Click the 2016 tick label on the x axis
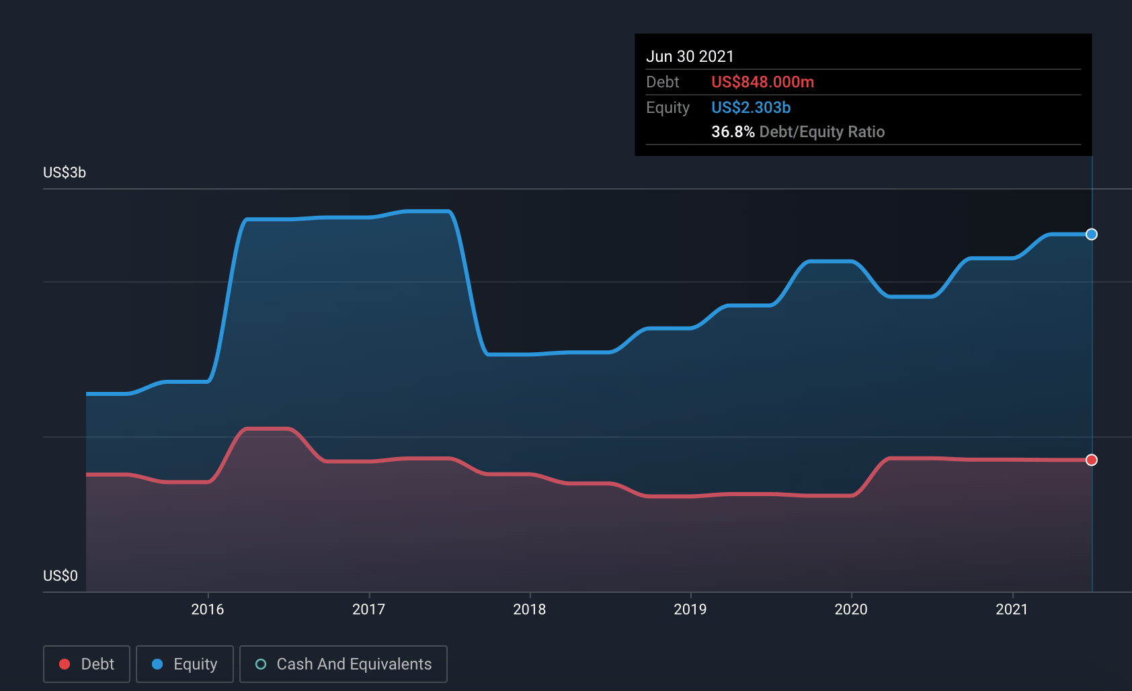(207, 609)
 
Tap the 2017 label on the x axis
(368, 609)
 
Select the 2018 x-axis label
(529, 609)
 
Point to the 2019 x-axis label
(690, 609)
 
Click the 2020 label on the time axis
(850, 609)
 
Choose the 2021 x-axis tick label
(1011, 609)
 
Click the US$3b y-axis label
(65, 173)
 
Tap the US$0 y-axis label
(60, 576)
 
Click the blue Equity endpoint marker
(1092, 235)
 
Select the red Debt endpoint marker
(1092, 460)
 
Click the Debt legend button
(87, 664)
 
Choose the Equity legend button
(185, 664)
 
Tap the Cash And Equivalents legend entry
(343, 664)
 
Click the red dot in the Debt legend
(65, 664)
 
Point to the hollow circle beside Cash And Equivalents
(261, 664)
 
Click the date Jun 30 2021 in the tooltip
(690, 56)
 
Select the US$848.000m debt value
(762, 82)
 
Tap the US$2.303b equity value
(751, 108)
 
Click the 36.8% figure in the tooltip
(733, 132)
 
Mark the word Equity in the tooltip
(668, 108)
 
